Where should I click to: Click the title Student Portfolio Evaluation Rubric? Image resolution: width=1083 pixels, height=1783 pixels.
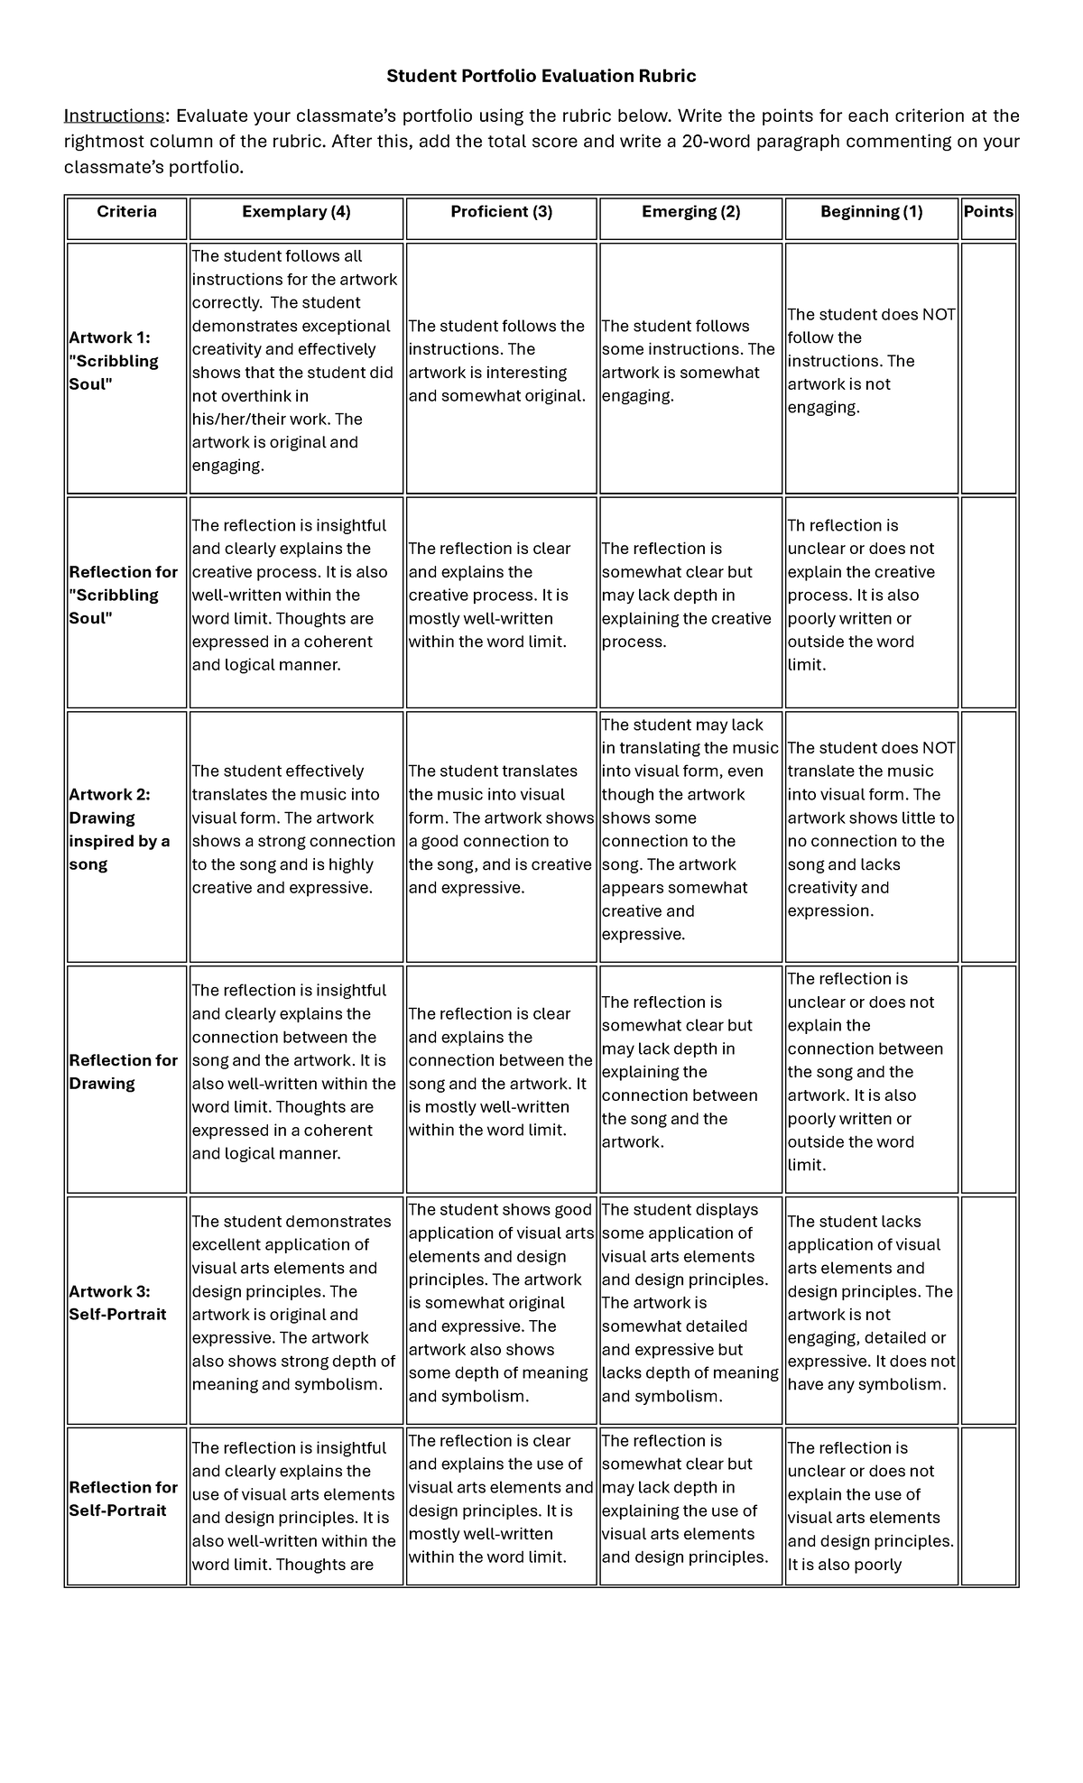(541, 76)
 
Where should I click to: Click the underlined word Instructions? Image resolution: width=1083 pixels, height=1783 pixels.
(113, 115)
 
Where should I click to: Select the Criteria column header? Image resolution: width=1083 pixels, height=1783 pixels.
(126, 212)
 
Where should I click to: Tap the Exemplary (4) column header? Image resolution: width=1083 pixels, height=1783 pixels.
(296, 212)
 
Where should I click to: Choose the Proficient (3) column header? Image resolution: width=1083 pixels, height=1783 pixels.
(501, 212)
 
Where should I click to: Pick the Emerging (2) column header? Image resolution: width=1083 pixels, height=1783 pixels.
(690, 212)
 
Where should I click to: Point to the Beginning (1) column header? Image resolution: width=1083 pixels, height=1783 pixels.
(871, 212)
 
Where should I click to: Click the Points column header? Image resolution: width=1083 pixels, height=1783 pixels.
(988, 212)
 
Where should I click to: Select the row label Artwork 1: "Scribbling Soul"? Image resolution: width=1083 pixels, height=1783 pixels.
(114, 361)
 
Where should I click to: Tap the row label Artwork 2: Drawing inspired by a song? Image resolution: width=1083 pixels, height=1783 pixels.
(119, 829)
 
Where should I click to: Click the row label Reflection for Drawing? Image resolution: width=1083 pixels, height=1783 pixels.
(123, 1072)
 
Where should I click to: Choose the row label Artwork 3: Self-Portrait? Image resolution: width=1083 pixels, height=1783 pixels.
(117, 1303)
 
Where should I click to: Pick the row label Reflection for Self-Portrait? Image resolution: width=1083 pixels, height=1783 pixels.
(123, 1499)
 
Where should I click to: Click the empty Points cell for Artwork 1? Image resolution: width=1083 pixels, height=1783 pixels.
(988, 367)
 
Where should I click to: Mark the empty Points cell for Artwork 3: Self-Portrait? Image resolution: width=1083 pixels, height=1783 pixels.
(988, 1309)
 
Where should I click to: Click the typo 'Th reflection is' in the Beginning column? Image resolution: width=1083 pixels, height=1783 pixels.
(842, 526)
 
